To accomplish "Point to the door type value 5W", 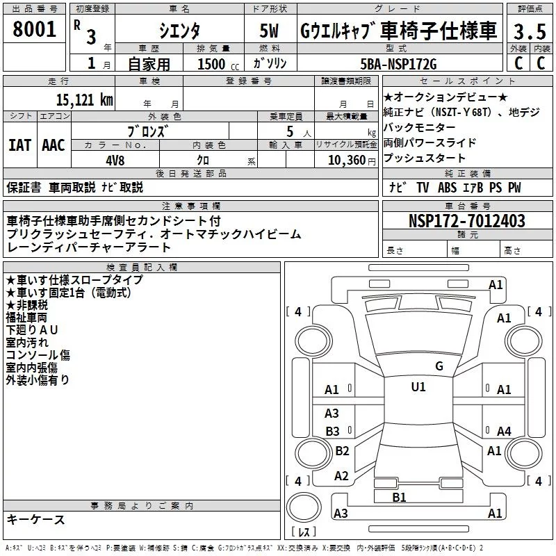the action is pyautogui.click(x=270, y=31).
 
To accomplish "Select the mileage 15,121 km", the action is pyautogui.click(x=84, y=99).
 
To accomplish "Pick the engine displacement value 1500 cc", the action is pyautogui.click(x=213, y=64).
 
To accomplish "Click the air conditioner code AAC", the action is pyautogui.click(x=53, y=145).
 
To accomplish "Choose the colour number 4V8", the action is pyautogui.click(x=115, y=160).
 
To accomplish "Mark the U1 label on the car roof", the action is pyautogui.click(x=418, y=387).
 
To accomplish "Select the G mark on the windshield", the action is pyautogui.click(x=439, y=366).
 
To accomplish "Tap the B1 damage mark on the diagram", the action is pyautogui.click(x=399, y=496).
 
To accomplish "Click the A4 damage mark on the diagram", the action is pyautogui.click(x=504, y=432).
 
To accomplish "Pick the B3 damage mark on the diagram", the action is pyautogui.click(x=332, y=431).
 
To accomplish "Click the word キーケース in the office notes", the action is pyautogui.click(x=36, y=519).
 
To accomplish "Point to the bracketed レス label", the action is pyautogui.click(x=303, y=533).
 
